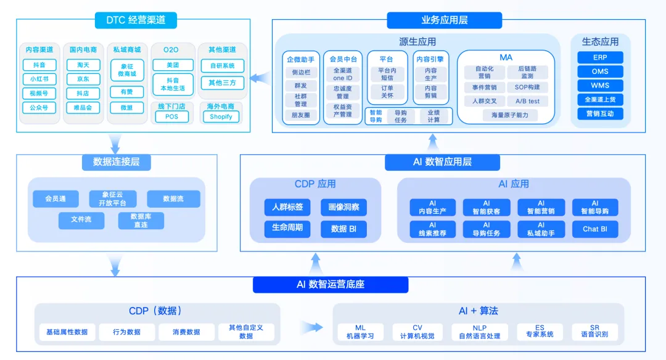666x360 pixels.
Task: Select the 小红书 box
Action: (39, 79)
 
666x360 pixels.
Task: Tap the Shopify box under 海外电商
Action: (221, 117)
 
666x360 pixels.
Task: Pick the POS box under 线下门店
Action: (171, 117)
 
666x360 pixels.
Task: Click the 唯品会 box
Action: (83, 107)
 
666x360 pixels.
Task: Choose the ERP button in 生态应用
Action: (600, 57)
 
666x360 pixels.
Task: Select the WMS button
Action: (600, 85)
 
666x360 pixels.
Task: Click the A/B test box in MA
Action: (527, 101)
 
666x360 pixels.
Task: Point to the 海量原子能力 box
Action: (510, 115)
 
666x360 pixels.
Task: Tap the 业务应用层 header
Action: (445, 20)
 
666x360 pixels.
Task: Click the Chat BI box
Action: (595, 229)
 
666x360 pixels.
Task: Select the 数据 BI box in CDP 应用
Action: (344, 229)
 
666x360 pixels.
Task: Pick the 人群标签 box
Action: (287, 207)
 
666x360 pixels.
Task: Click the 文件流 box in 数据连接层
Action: (81, 219)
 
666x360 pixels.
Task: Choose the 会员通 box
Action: (55, 198)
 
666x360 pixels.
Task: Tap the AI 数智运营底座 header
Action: (331, 285)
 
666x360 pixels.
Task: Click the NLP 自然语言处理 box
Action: (480, 332)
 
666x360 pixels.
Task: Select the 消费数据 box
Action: (186, 332)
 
